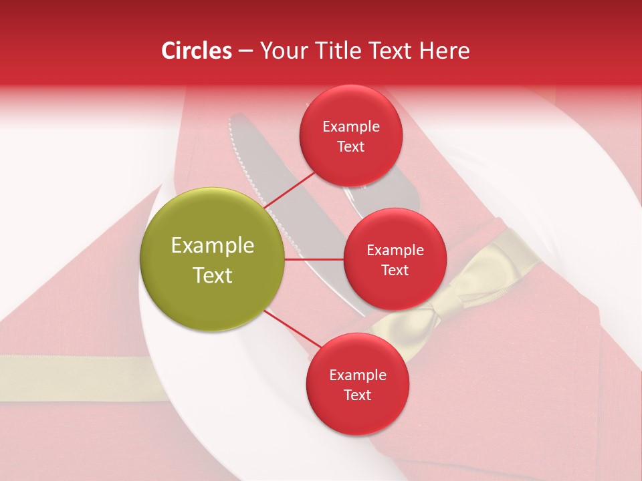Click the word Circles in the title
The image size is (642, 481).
[196, 51]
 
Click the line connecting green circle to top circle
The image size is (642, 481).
[291, 190]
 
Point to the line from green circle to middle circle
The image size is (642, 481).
[314, 259]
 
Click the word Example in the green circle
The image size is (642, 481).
[212, 246]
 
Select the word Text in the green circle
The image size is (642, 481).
[212, 275]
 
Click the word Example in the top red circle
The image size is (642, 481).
[350, 127]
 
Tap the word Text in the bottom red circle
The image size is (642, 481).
[357, 395]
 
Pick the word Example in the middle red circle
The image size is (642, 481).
[395, 251]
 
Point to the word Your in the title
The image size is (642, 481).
[282, 51]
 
